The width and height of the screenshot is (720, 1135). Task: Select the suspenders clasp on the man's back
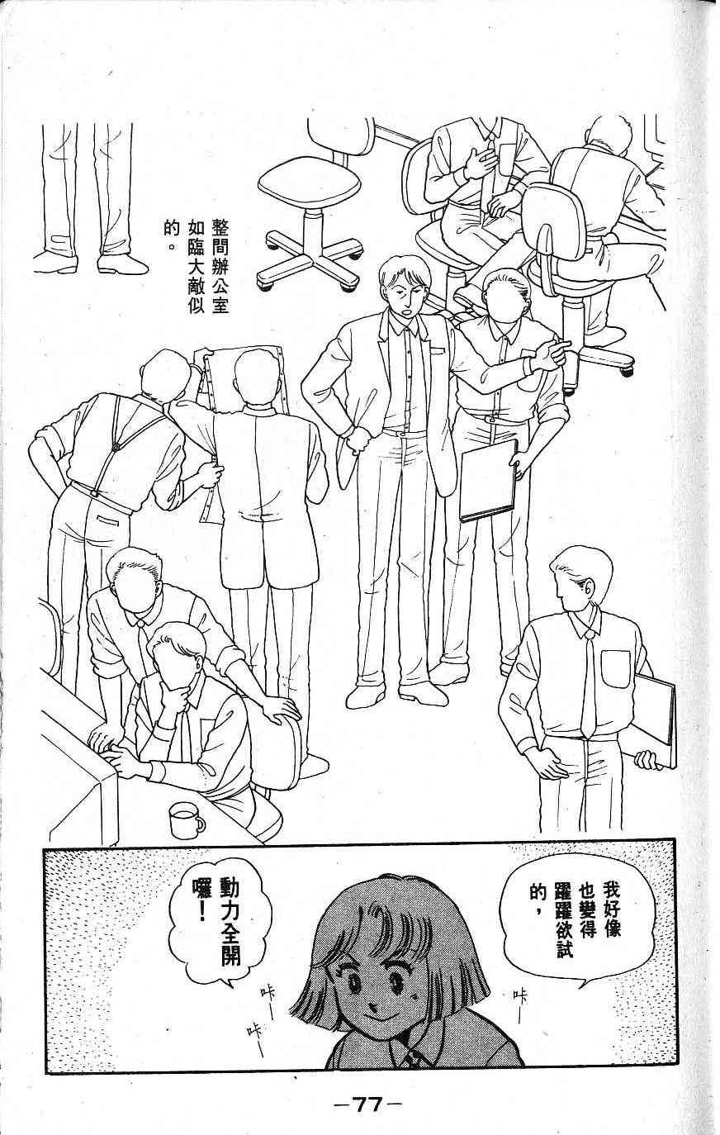point(116,447)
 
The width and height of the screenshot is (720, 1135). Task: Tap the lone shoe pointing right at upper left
point(122,264)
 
